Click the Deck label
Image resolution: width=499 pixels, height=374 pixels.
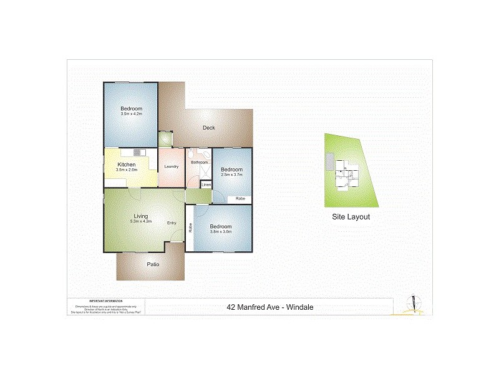pos(209,128)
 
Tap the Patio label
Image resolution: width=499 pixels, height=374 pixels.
pos(153,264)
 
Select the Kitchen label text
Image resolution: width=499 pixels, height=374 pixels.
pos(127,165)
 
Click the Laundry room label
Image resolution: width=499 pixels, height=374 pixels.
pos(172,166)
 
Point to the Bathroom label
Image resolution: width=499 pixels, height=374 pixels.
pos(200,163)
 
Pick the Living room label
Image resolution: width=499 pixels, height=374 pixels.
pos(140,216)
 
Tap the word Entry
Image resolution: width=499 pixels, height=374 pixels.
pos(172,223)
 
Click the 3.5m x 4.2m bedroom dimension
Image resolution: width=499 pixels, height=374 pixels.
pos(132,114)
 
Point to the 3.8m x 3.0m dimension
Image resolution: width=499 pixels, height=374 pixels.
pos(221,231)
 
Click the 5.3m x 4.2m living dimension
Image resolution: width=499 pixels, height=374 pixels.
pos(140,221)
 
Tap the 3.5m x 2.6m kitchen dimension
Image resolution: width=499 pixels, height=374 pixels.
pos(127,170)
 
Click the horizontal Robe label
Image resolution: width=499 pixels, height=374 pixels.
pos(240,199)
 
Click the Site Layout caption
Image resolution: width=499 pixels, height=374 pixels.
pos(351,217)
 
